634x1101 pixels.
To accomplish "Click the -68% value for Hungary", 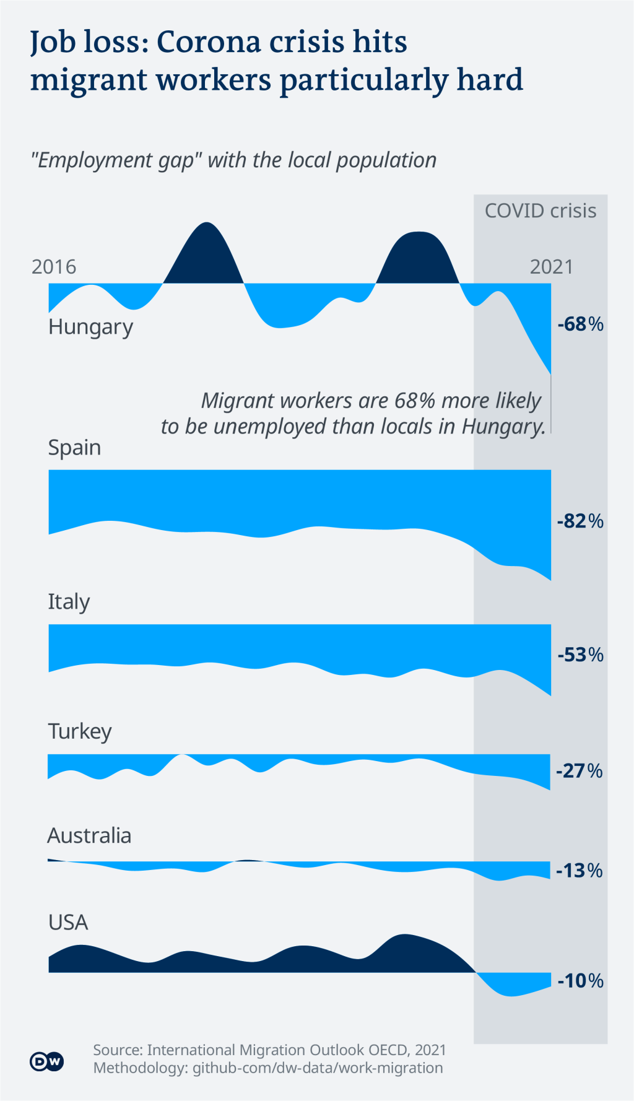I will point(580,324).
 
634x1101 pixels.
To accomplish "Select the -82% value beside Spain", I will point(580,521).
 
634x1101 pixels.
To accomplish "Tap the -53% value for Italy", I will point(580,655).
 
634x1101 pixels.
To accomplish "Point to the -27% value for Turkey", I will point(580,771).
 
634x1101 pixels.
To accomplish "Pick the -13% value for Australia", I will point(580,871).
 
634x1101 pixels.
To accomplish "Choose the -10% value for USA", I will point(580,980).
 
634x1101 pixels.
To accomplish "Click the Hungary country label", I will point(90,327).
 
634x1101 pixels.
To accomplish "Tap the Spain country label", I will point(74,447).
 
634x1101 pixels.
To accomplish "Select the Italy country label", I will point(69,602).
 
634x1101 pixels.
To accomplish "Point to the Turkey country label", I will point(80,731).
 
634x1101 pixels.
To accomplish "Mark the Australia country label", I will point(89,836).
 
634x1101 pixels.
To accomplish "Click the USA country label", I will point(68,923).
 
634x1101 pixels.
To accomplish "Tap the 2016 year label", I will point(54,267).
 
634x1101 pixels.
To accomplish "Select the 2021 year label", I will point(551,267).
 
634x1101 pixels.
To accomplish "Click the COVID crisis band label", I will point(540,211).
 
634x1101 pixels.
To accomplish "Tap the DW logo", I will point(46,1062).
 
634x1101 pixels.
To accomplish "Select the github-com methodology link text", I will point(318,1068).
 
